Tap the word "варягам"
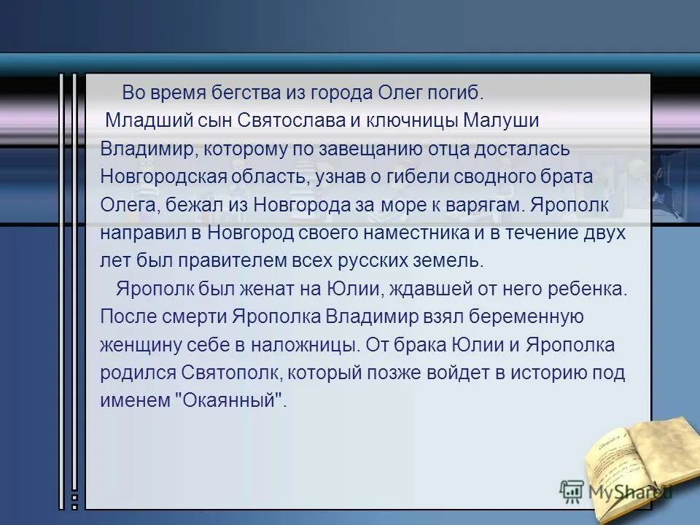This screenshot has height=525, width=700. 481,205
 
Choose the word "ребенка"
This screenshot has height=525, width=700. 587,289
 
